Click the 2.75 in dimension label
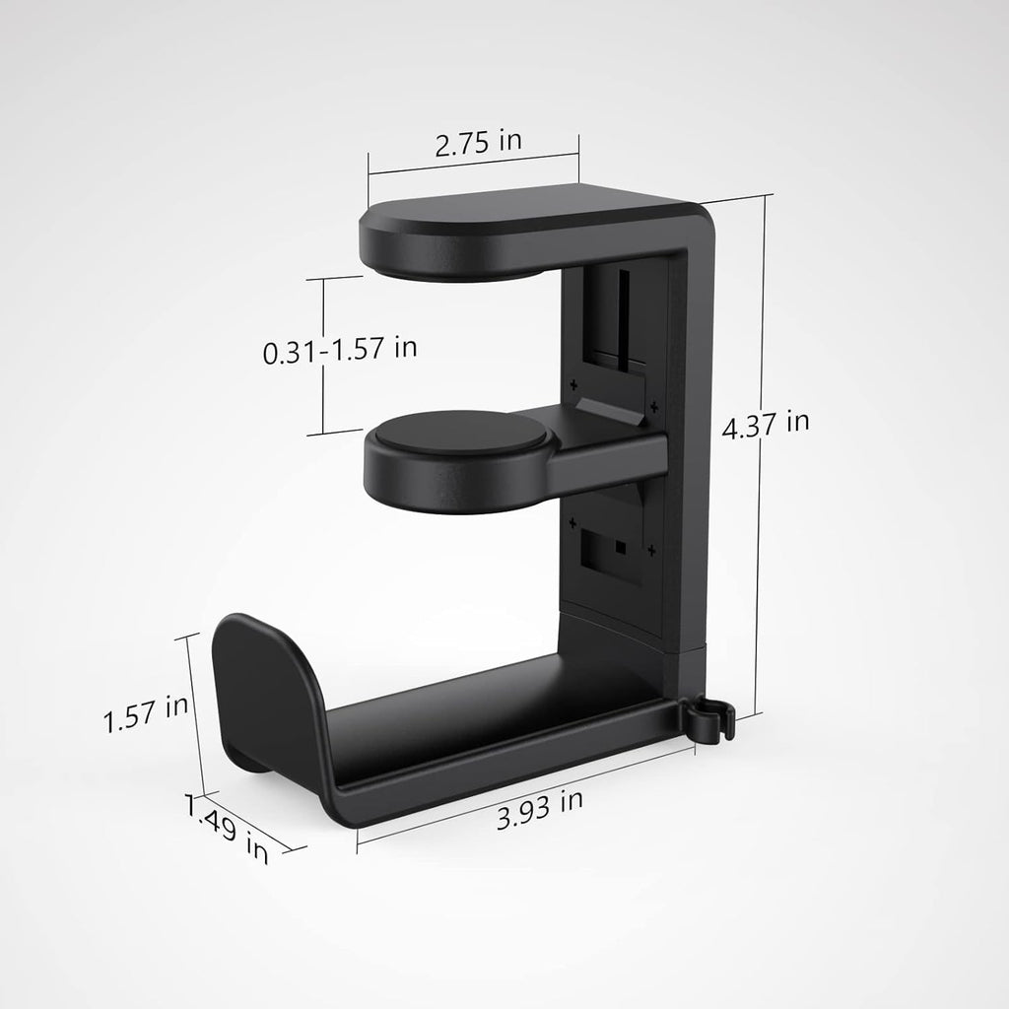click(479, 140)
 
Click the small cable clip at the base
click(707, 718)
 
